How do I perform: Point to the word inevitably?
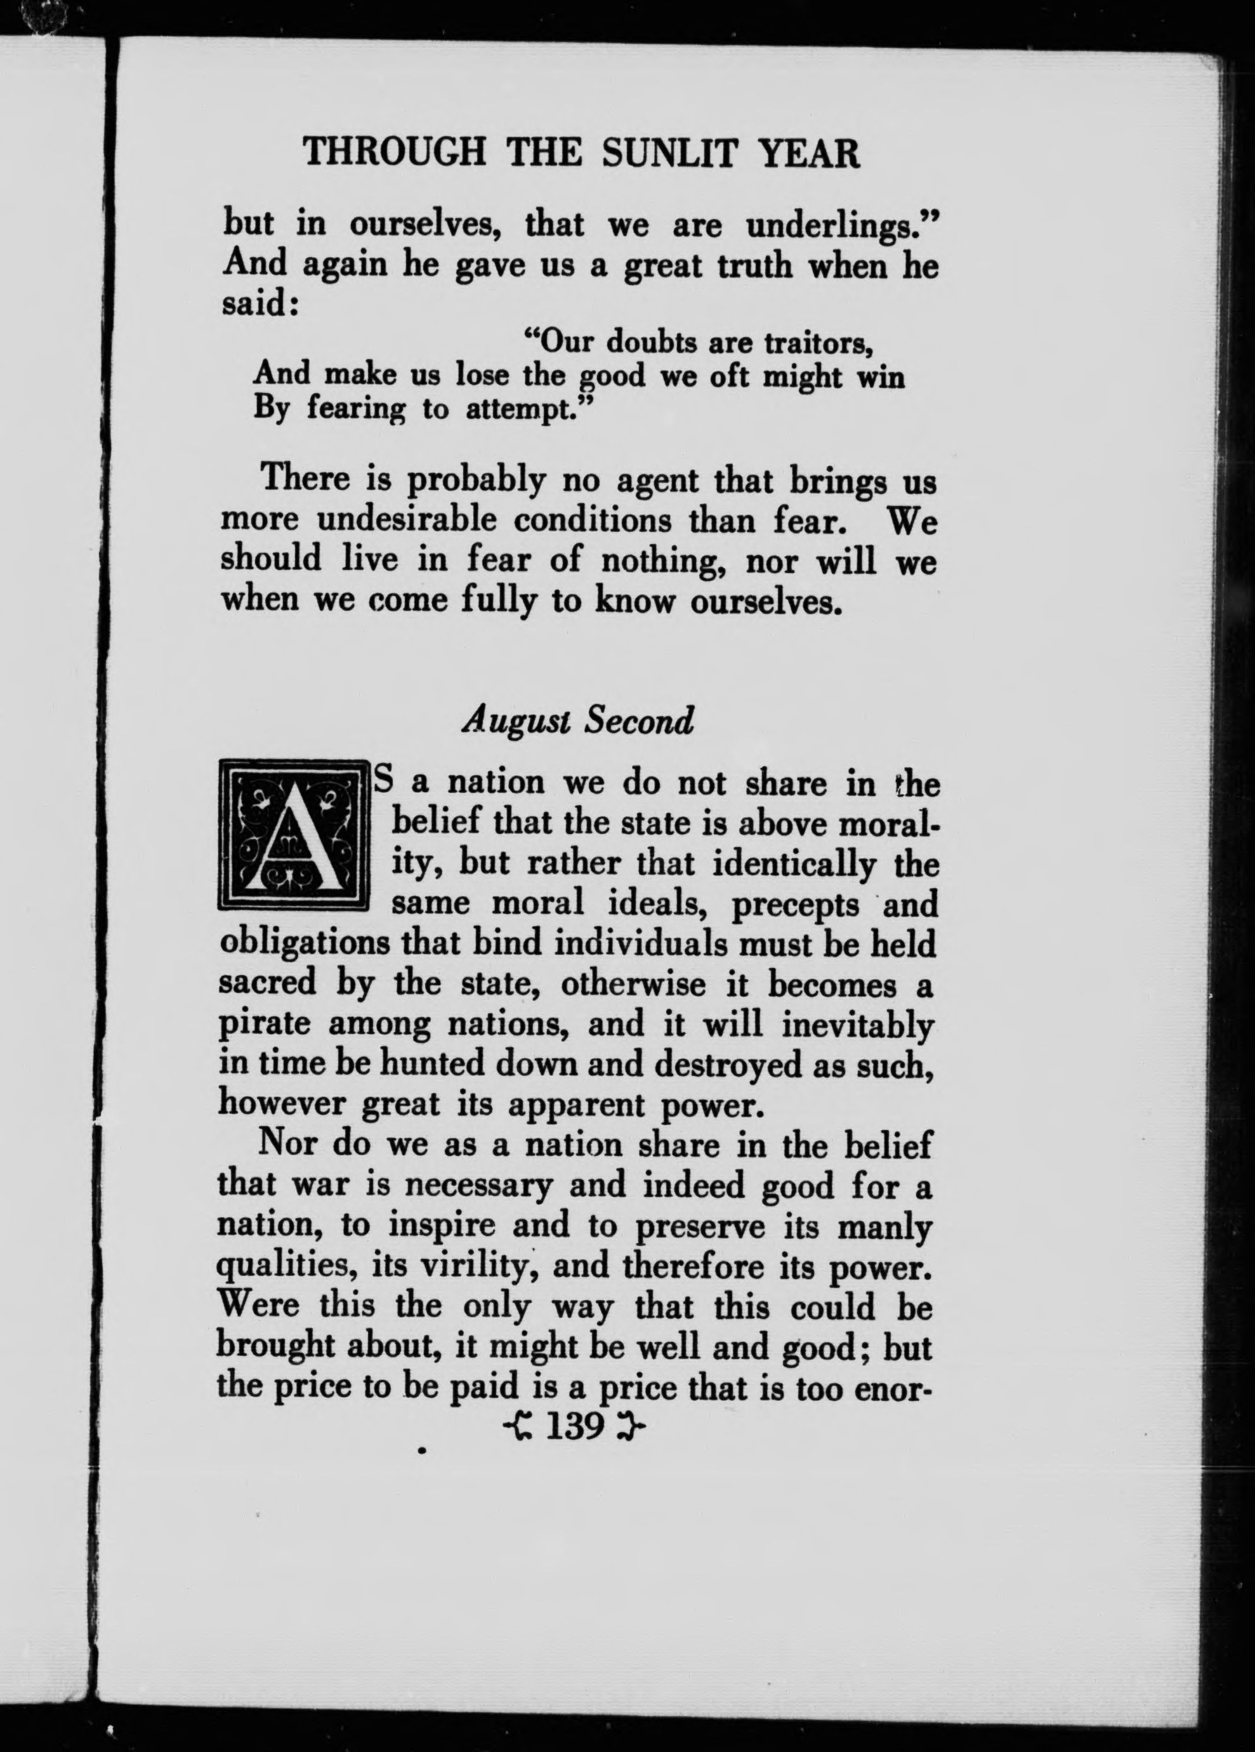858,1026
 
